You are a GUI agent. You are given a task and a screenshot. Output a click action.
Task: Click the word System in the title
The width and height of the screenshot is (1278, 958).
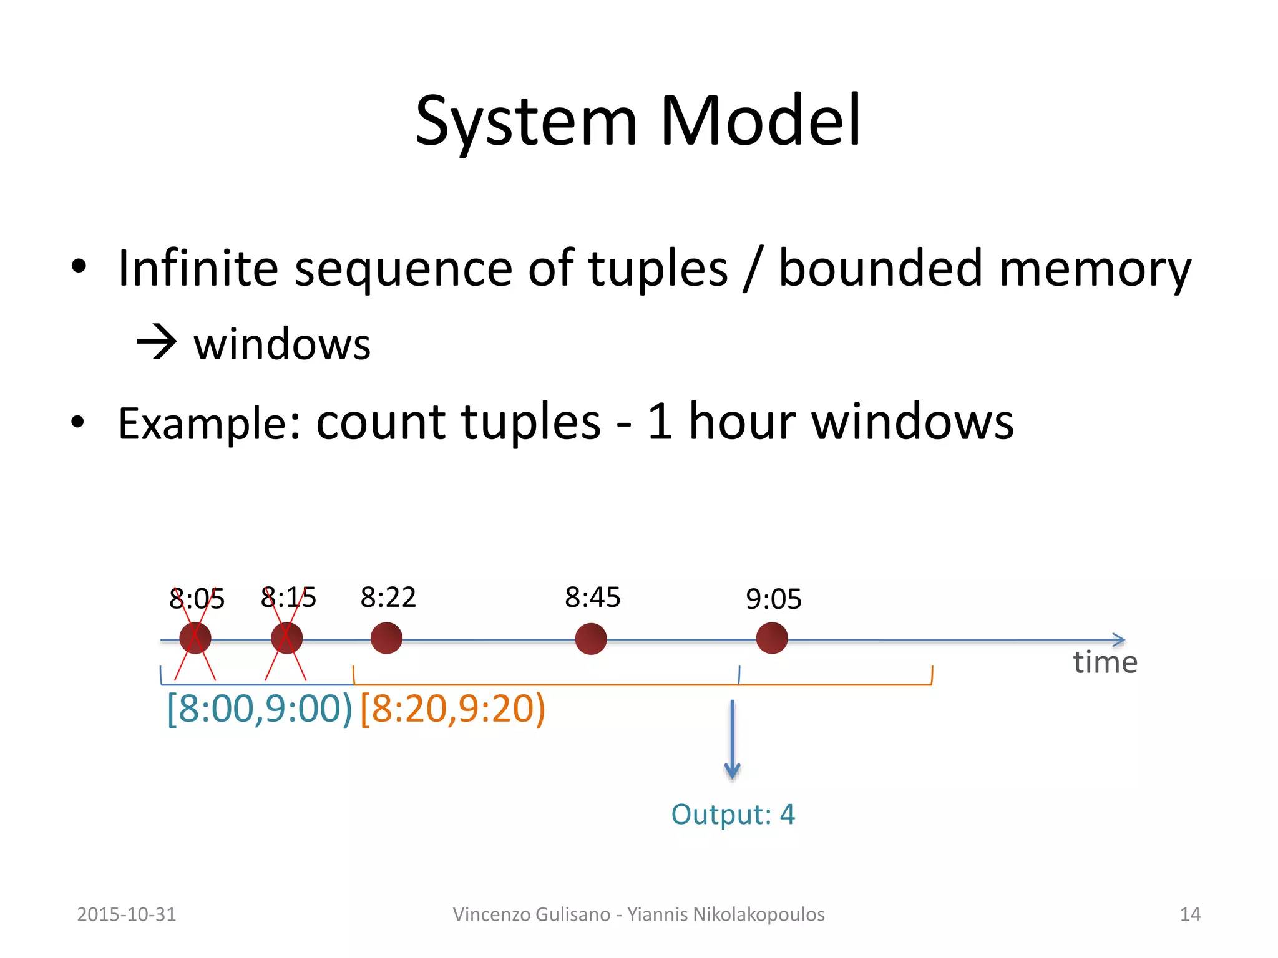(526, 122)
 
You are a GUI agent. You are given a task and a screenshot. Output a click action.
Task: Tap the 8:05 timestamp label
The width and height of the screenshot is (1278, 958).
(197, 599)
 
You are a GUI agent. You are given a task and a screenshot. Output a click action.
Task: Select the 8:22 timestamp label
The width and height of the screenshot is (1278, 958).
(388, 598)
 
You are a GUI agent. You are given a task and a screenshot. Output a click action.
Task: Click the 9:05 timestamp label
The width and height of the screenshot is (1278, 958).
(773, 599)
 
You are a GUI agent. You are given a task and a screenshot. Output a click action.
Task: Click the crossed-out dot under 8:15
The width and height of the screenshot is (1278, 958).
(286, 638)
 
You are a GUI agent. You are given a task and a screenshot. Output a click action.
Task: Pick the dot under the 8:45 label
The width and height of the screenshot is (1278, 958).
(590, 639)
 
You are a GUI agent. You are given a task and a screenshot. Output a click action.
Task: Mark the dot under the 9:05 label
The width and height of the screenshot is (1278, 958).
(772, 638)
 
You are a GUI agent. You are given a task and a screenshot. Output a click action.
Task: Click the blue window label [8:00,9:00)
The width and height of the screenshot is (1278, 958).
(260, 709)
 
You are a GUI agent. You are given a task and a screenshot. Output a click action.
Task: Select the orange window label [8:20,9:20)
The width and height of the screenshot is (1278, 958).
(452, 709)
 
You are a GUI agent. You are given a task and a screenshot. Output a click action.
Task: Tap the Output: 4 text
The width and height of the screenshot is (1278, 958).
(733, 815)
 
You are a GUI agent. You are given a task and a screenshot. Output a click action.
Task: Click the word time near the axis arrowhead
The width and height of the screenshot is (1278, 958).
(1105, 663)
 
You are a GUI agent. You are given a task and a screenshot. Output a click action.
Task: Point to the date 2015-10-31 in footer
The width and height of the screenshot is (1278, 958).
(127, 914)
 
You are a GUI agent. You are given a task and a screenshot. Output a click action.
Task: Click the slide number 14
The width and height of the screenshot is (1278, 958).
(1190, 914)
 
